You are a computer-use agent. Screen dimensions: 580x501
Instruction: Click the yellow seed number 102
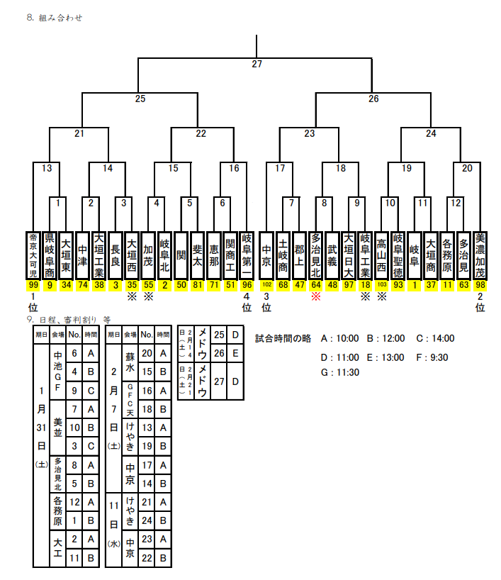click(266, 285)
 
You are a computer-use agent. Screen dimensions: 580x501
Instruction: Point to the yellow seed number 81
click(197, 285)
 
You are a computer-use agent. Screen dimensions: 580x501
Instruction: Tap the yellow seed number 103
click(381, 285)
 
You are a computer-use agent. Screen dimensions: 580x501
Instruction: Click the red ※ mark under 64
click(316, 296)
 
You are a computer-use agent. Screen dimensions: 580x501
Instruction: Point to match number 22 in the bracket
click(201, 133)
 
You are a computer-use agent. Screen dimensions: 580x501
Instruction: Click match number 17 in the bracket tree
click(280, 168)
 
